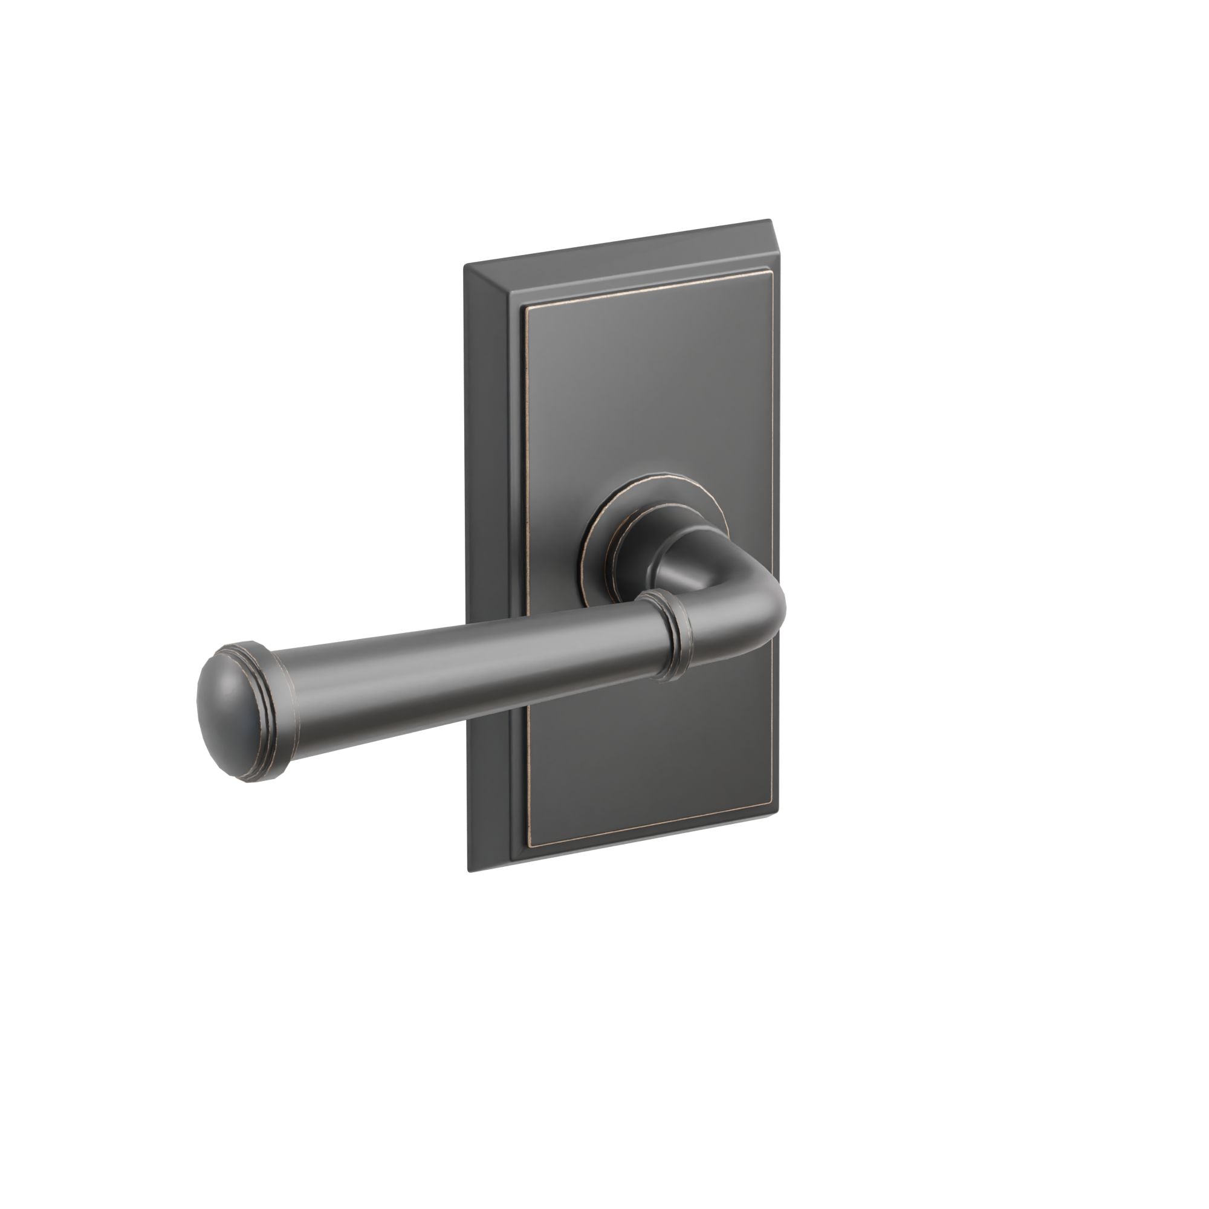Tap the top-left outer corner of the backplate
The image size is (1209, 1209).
464,265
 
